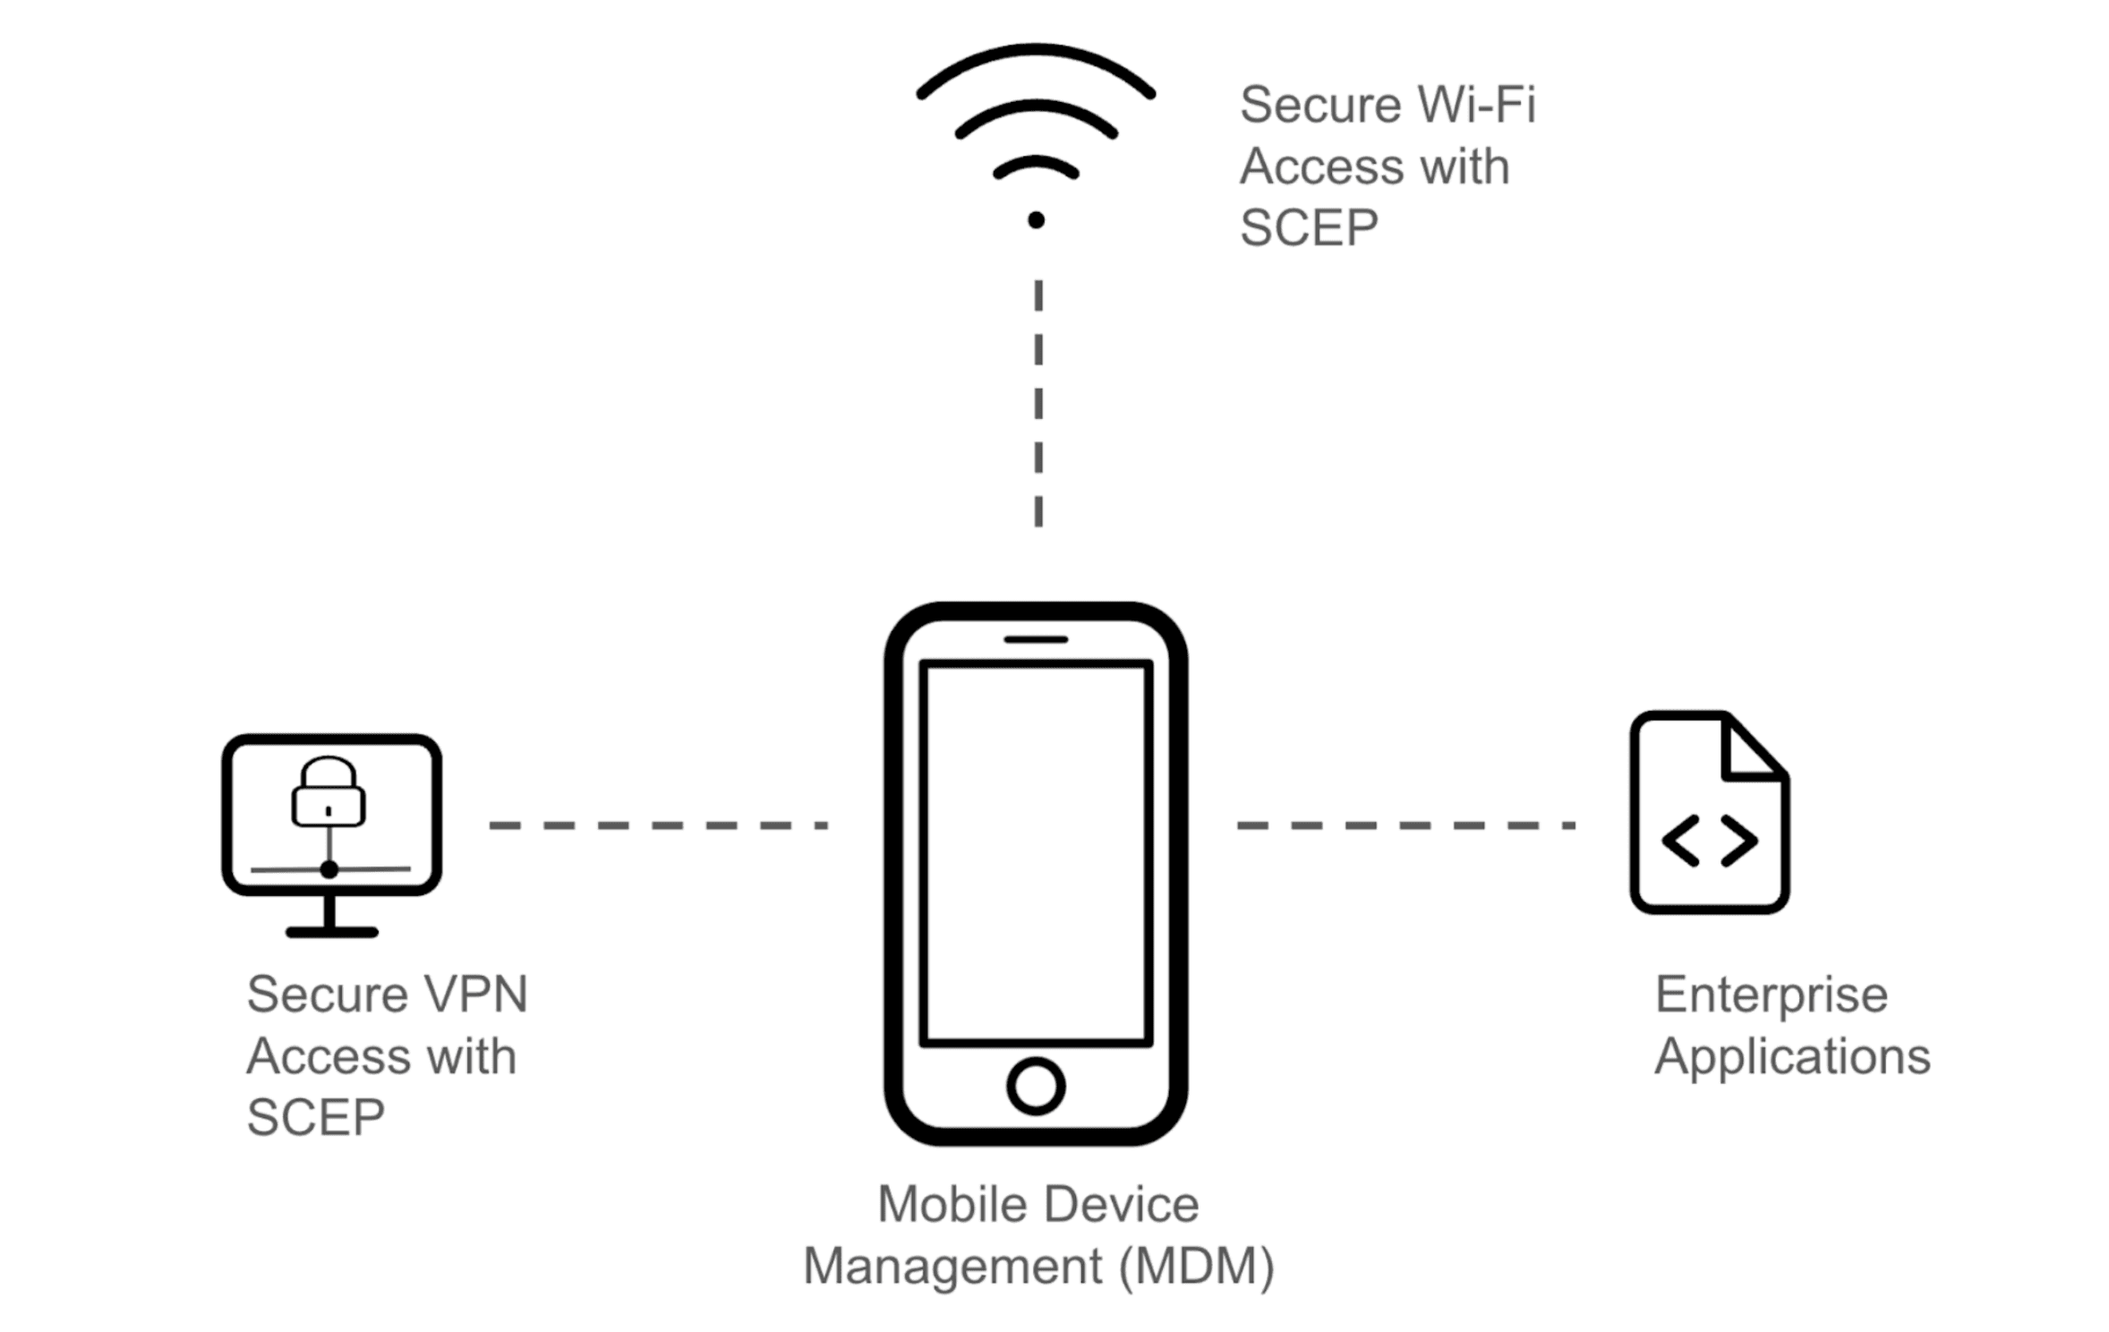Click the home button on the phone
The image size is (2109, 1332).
tap(1035, 1086)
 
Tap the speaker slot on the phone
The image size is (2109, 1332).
tap(1035, 639)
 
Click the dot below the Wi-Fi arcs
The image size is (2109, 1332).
tap(1036, 220)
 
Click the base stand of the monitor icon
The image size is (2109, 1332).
tap(331, 931)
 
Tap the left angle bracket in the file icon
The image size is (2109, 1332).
tap(1680, 840)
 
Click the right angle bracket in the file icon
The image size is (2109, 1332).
tap(1739, 840)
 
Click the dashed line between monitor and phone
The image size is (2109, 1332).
tap(658, 824)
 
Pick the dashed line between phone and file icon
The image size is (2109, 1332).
tap(1405, 824)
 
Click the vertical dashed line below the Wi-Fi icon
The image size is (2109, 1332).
tap(1037, 403)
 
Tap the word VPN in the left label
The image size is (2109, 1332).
tap(475, 994)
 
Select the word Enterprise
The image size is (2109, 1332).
tap(1771, 994)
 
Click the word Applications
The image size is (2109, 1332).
tap(1791, 1056)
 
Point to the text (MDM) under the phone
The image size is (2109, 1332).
tap(1197, 1266)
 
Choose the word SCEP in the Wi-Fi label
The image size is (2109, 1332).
tap(1308, 227)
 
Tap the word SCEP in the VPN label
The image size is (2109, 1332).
tap(315, 1117)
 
